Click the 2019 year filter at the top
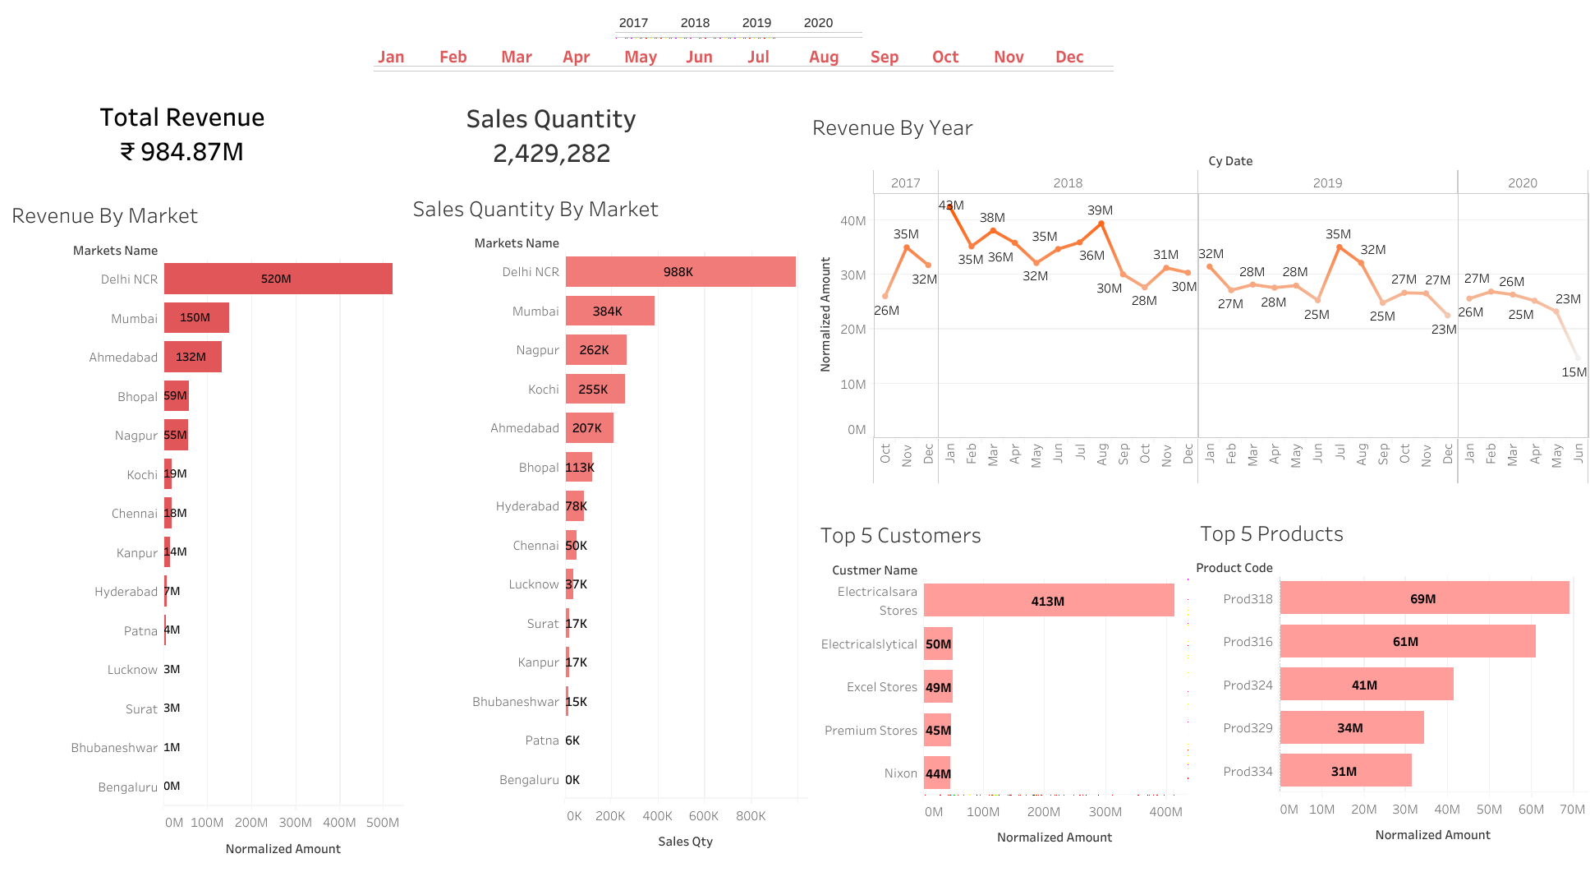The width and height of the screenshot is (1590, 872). click(x=756, y=23)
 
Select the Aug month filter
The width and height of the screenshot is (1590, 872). click(x=823, y=57)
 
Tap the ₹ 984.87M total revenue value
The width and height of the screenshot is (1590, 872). click(x=182, y=152)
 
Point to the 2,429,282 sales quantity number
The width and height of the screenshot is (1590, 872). click(x=551, y=154)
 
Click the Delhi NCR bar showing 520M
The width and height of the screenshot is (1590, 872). click(x=278, y=279)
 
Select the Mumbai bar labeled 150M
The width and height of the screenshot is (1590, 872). click(x=196, y=317)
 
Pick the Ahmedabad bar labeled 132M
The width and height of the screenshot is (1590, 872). click(x=192, y=357)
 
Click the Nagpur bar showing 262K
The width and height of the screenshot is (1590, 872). click(x=595, y=349)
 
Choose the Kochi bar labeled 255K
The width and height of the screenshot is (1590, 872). click(x=595, y=389)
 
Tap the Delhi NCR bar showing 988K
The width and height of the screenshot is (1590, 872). click(x=680, y=271)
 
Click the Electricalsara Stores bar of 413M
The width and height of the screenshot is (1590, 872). click(x=1048, y=601)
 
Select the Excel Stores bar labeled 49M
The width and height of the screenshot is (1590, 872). click(x=938, y=687)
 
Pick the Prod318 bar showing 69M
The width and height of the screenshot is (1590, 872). click(x=1423, y=598)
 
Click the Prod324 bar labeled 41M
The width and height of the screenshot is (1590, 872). click(x=1366, y=685)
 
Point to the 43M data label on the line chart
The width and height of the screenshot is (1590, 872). click(x=951, y=205)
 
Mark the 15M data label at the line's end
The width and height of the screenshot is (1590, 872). click(x=1574, y=372)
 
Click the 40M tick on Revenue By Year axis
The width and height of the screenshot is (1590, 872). click(x=852, y=220)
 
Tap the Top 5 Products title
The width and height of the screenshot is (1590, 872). click(x=1271, y=534)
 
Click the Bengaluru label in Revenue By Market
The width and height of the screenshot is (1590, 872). click(x=127, y=787)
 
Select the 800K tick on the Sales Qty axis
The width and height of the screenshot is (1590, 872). click(x=751, y=816)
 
